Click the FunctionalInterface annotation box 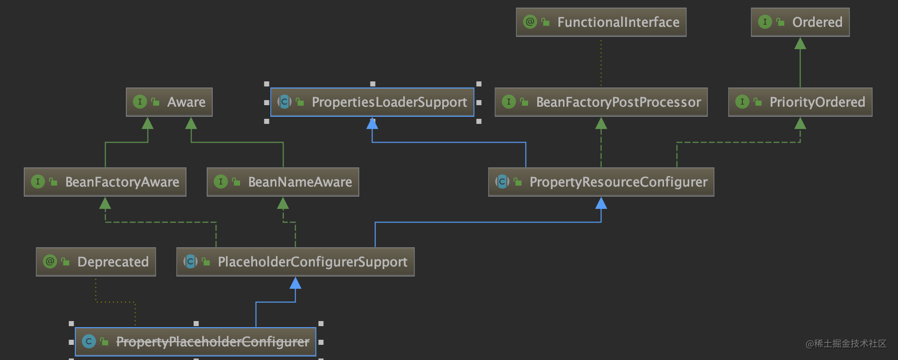tap(601, 22)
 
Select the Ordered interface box tap(800, 22)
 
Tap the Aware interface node tap(169, 102)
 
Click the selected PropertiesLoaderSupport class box tap(372, 102)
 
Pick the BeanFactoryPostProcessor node tap(601, 102)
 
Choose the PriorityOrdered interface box tap(800, 102)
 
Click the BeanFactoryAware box tap(105, 182)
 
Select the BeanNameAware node tap(283, 182)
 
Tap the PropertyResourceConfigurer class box tap(601, 182)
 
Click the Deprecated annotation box tap(96, 262)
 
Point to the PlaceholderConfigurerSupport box tap(295, 262)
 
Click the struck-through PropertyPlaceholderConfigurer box tap(196, 342)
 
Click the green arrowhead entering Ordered tap(800, 43)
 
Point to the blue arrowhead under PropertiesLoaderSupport tap(372, 123)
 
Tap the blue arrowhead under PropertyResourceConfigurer tap(601, 203)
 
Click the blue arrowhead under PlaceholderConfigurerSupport tap(295, 283)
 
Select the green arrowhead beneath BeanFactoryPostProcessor tap(601, 123)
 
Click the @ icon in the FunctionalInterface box tap(530, 22)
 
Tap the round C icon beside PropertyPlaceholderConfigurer tap(89, 341)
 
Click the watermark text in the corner tap(846, 344)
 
